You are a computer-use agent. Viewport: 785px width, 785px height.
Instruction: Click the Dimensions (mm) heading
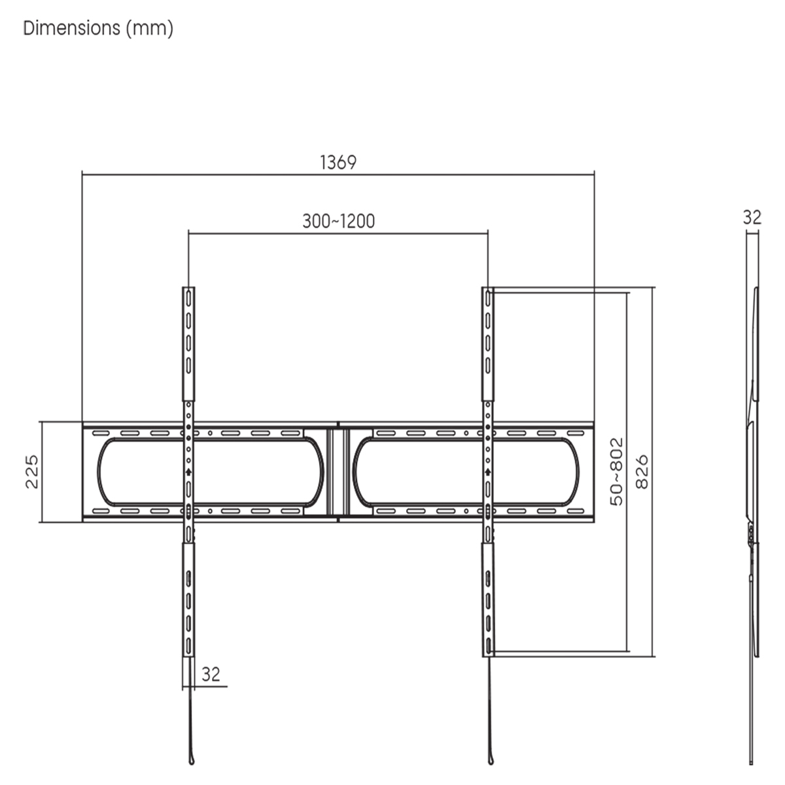[98, 29]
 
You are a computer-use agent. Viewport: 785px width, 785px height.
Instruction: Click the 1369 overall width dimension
[338, 162]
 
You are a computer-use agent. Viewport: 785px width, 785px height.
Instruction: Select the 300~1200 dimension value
[338, 221]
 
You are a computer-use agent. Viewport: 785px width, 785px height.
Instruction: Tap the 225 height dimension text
[32, 472]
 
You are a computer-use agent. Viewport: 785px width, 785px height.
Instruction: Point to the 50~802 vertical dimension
[616, 472]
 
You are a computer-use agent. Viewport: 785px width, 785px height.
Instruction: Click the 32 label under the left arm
[211, 674]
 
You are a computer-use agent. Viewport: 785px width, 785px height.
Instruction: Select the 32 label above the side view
[752, 217]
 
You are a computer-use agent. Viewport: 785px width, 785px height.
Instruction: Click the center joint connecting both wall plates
[338, 472]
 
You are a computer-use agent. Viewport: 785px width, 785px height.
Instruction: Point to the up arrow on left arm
[188, 471]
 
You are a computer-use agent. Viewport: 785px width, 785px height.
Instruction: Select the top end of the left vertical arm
[188, 291]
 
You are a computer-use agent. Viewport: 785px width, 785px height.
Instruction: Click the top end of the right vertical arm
[487, 291]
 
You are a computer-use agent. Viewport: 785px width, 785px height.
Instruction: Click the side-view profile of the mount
[754, 471]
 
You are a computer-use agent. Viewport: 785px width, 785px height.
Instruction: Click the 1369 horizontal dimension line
[458, 173]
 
